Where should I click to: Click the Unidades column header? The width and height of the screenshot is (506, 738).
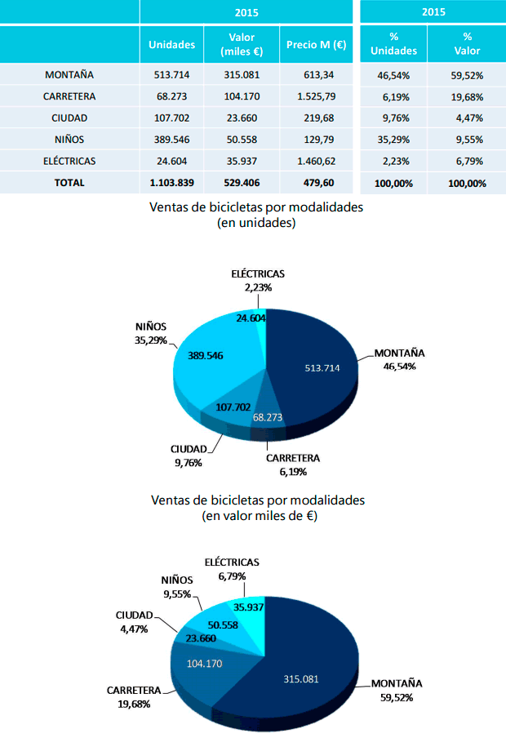(x=172, y=45)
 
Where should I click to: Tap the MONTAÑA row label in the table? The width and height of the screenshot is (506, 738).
(x=69, y=75)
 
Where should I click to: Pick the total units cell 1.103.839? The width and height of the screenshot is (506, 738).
(x=172, y=183)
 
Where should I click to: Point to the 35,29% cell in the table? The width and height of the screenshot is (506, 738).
(x=393, y=140)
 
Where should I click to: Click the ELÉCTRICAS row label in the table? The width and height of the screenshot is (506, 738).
(x=69, y=161)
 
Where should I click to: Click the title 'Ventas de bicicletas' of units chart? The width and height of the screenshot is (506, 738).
(x=256, y=207)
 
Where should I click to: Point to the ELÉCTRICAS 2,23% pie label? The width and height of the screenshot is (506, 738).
(x=256, y=281)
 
